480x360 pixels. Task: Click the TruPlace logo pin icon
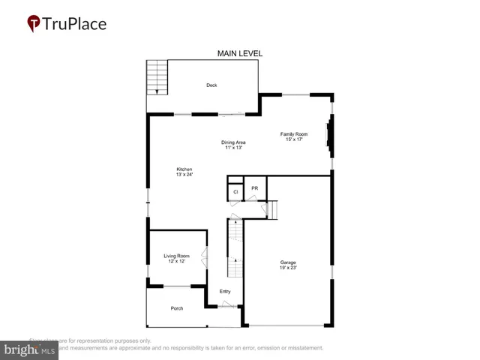(34, 24)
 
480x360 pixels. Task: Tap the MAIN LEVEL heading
(239, 53)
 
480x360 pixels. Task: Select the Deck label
(211, 85)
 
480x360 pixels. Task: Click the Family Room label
(292, 133)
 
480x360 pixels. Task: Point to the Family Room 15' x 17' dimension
(292, 139)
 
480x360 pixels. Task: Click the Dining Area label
(233, 142)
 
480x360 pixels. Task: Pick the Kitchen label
(184, 169)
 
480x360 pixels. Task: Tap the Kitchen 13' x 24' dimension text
(184, 175)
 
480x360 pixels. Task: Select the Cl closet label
(235, 192)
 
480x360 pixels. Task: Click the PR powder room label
(255, 188)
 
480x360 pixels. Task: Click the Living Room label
(177, 256)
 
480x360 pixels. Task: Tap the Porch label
(177, 308)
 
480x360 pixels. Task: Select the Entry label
(225, 292)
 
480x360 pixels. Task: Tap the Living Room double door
(205, 259)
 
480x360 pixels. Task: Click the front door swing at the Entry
(227, 304)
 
